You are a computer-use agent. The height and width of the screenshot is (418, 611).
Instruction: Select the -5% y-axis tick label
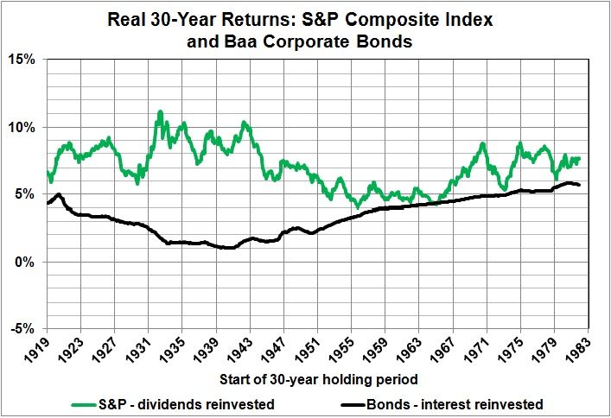point(23,329)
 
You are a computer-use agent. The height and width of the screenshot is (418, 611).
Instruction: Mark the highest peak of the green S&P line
point(160,112)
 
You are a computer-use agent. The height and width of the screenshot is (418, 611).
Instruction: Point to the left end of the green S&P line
point(48,172)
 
